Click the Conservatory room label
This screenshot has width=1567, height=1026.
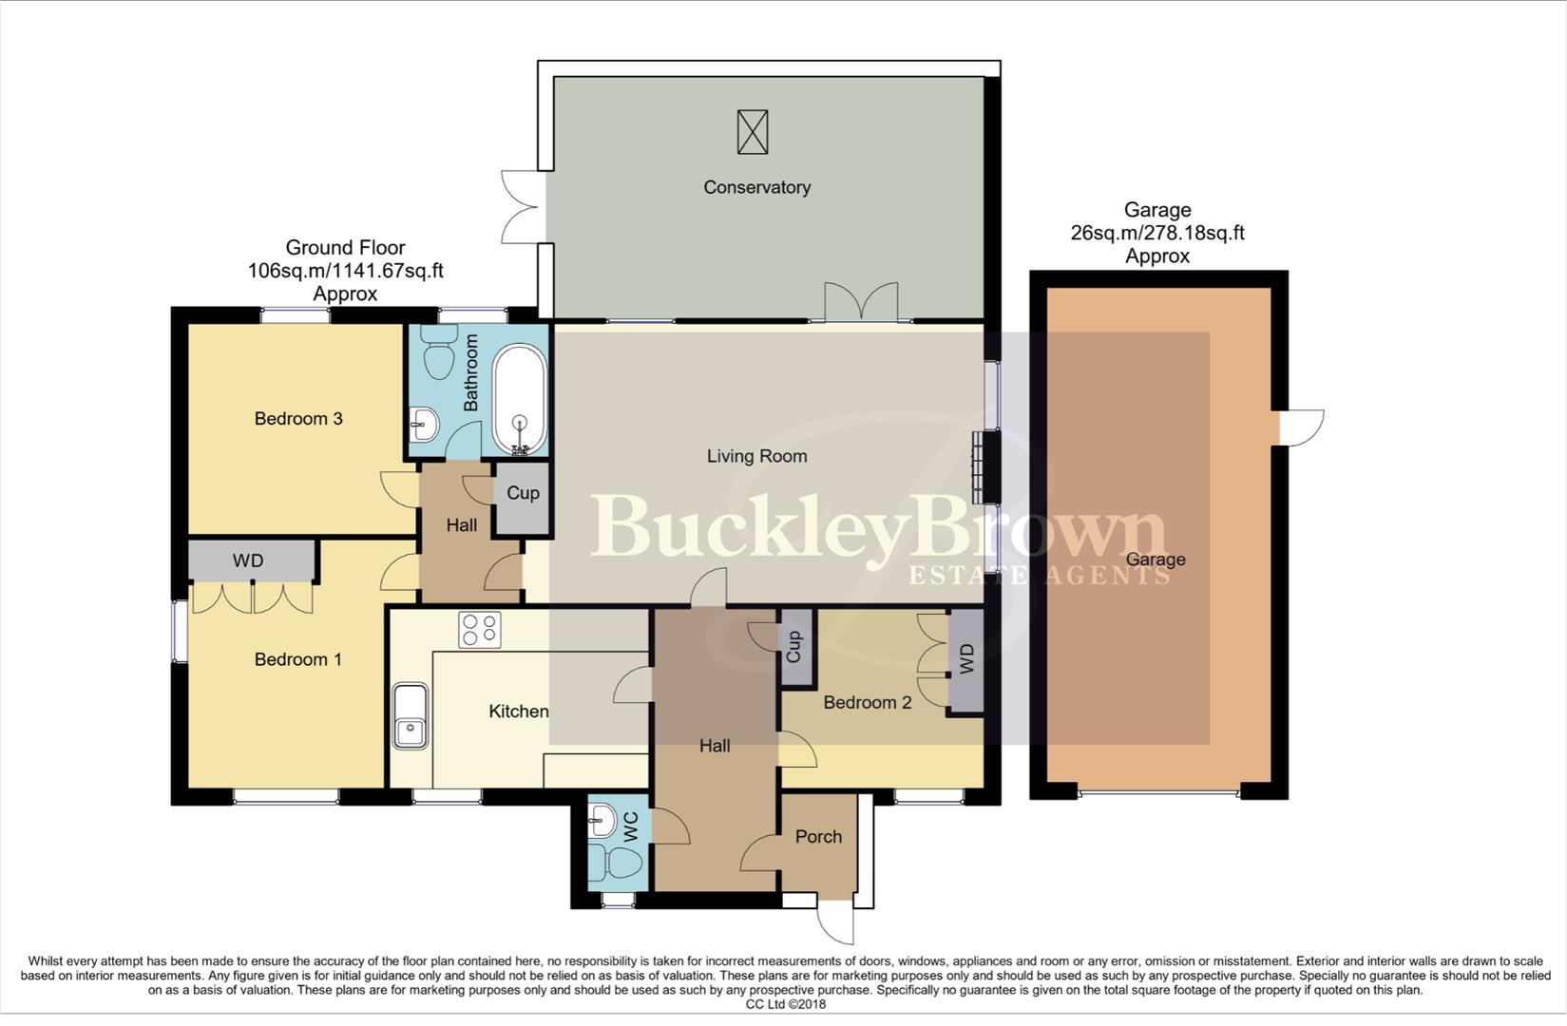[756, 187]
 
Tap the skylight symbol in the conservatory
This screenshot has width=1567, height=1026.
[752, 132]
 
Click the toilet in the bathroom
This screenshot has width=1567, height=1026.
[439, 355]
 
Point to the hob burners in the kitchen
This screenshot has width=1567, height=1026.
[479, 629]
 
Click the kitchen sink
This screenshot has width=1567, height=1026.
[411, 716]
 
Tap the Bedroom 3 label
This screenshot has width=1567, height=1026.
[297, 419]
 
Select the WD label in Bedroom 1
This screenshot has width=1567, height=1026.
[248, 561]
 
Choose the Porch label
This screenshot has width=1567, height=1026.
[818, 837]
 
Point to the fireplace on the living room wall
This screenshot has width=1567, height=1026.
[978, 467]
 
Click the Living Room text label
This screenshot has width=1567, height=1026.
[756, 456]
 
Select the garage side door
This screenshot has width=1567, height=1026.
[1303, 427]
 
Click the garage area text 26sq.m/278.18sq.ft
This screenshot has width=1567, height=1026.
[1156, 233]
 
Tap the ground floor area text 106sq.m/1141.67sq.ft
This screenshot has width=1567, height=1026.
[345, 271]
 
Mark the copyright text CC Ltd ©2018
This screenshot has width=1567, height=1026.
[785, 1004]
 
